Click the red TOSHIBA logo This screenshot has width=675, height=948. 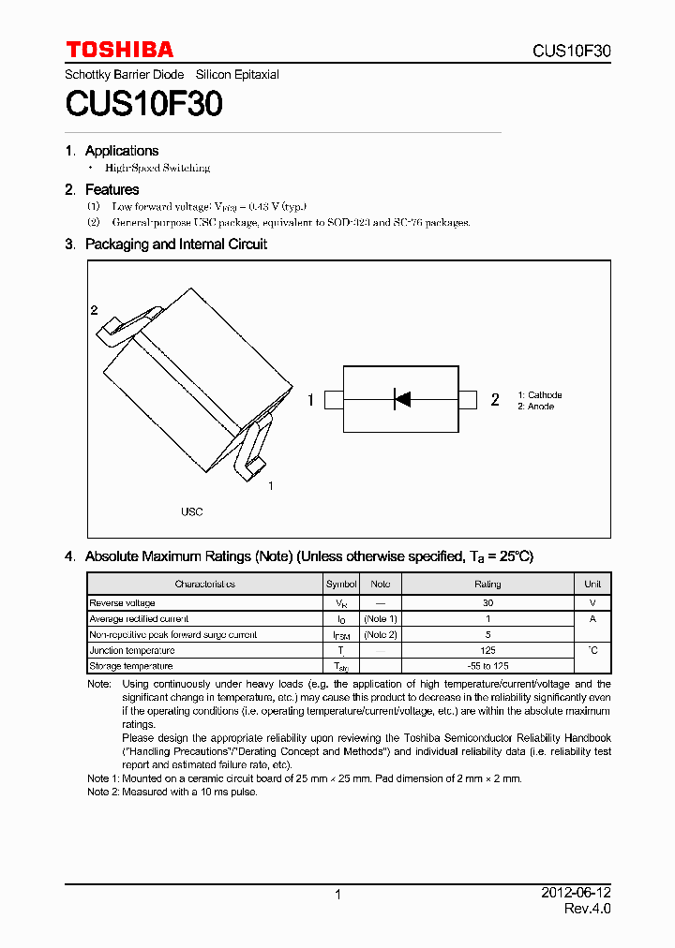tap(119, 50)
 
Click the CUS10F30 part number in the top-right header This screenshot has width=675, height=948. tap(571, 52)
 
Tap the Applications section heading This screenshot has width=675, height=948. tap(121, 151)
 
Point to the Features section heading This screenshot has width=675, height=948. tap(112, 189)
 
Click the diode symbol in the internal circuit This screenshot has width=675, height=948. tap(402, 400)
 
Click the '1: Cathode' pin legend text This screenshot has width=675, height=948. tap(539, 395)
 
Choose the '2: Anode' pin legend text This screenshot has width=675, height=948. tap(535, 407)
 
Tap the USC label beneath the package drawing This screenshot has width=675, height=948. tap(191, 512)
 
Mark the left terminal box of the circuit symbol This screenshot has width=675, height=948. tap(334, 400)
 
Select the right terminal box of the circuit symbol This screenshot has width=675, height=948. tap(468, 400)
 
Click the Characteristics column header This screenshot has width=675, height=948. tap(204, 584)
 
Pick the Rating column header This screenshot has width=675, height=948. tap(487, 584)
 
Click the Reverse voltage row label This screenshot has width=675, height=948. tap(122, 603)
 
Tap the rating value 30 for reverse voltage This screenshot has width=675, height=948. tap(487, 603)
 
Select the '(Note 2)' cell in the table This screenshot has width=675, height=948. tap(381, 634)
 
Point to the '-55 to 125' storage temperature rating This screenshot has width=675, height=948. tap(487, 666)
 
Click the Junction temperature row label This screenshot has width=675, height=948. tap(131, 650)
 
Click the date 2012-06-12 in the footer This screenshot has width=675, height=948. tap(576, 894)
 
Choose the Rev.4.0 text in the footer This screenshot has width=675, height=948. tap(587, 910)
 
